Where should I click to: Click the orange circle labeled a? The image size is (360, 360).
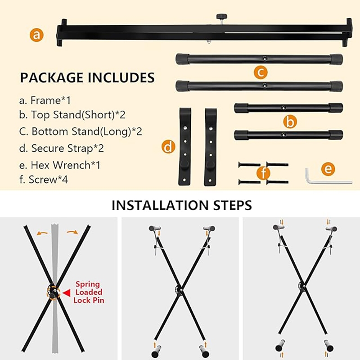[x=36, y=35]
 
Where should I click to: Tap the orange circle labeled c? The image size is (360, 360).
[x=261, y=72]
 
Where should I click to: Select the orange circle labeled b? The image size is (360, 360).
[x=290, y=121]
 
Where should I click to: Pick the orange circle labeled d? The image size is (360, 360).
[x=168, y=147]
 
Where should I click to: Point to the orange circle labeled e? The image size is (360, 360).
[x=328, y=169]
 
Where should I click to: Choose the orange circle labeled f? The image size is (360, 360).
[x=263, y=173]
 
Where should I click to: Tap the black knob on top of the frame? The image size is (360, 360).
[x=221, y=17]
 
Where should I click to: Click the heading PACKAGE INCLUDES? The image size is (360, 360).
[x=87, y=77]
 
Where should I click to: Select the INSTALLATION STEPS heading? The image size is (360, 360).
[x=182, y=205]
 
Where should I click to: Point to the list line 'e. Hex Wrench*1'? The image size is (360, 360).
[x=60, y=165]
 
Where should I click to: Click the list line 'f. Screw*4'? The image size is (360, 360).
[x=44, y=179]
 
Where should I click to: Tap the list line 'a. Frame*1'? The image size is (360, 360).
[x=45, y=100]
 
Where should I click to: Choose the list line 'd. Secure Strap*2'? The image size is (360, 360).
[x=62, y=148]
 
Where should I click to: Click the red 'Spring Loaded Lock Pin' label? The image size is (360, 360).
[x=89, y=292]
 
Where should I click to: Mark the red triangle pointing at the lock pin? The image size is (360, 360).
[x=67, y=293]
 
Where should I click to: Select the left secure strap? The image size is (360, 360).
[x=184, y=147]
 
